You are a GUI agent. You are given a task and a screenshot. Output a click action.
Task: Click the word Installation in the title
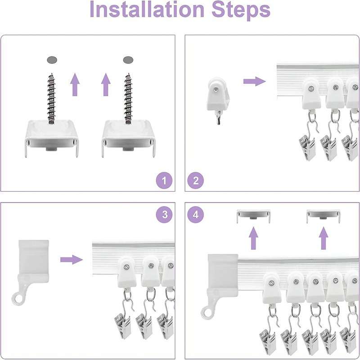(147, 9)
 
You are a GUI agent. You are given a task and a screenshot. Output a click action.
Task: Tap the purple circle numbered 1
(164, 180)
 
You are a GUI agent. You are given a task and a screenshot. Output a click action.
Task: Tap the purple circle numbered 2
(196, 180)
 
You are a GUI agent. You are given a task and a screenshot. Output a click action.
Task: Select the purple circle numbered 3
(164, 215)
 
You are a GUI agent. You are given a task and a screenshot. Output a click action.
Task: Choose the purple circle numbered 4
(196, 215)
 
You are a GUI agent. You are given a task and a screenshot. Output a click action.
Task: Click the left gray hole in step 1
(52, 60)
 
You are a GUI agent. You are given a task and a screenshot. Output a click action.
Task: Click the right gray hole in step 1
(128, 60)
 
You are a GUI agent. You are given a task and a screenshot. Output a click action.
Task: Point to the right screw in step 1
(128, 99)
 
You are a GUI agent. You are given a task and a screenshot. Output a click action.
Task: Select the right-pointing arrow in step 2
(254, 81)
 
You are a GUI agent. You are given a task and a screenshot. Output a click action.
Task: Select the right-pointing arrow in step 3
(72, 260)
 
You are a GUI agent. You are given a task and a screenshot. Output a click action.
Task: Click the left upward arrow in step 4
(253, 238)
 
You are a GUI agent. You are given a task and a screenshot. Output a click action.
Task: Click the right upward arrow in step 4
(324, 238)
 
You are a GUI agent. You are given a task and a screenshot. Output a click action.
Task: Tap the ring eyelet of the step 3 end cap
(18, 299)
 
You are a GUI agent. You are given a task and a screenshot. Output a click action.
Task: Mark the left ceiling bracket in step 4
(254, 216)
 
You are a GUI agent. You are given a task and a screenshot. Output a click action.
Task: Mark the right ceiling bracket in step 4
(323, 216)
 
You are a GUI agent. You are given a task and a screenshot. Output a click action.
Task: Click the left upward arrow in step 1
(75, 85)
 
